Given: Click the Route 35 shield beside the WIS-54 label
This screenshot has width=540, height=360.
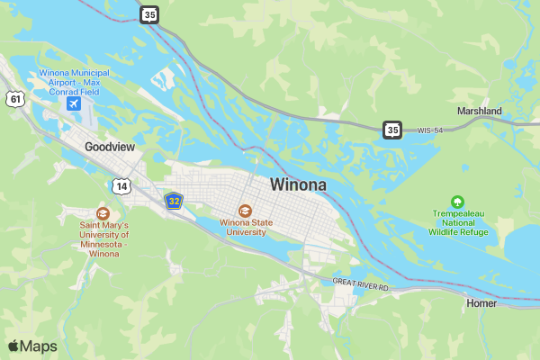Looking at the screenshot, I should (x=391, y=130).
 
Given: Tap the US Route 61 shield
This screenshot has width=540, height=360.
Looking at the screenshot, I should (x=13, y=99).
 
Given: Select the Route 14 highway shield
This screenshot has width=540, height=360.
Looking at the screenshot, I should (x=121, y=186).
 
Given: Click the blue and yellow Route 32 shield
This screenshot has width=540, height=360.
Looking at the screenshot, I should (x=174, y=201).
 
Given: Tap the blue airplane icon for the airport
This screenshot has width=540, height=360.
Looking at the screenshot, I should (x=74, y=103).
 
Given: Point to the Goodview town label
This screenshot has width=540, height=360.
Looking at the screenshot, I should (x=110, y=146).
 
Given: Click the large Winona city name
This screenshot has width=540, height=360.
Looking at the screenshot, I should (x=298, y=184).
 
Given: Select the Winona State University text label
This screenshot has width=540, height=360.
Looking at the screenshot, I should (x=246, y=226).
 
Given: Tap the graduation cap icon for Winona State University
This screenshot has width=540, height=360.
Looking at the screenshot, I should (x=246, y=210).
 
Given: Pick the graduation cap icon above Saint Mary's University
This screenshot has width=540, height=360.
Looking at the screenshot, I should (x=103, y=213).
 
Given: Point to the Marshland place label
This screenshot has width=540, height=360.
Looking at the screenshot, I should (x=479, y=111).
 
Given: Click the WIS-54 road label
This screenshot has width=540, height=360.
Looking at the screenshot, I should (x=430, y=130).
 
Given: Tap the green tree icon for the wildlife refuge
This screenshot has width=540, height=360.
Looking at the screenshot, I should (x=457, y=202).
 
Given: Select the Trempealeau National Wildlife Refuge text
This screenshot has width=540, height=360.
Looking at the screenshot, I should (x=457, y=222).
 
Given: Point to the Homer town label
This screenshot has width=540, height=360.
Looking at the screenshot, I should (x=481, y=303).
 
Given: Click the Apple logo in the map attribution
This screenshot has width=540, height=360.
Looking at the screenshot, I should (x=13, y=346).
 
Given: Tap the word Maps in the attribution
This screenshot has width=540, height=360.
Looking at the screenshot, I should (x=39, y=346).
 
